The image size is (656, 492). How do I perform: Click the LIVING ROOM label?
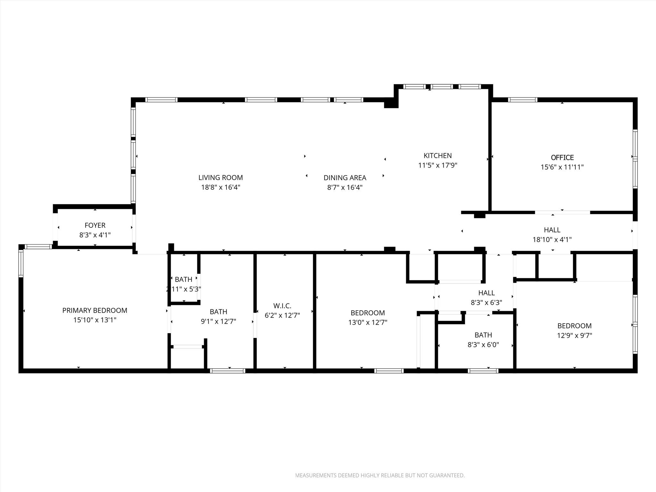[x=220, y=177]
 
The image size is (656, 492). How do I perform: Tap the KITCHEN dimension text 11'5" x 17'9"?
[x=438, y=165]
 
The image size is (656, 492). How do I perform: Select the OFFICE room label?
[x=562, y=157]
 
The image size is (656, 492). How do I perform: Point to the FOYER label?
[x=95, y=225]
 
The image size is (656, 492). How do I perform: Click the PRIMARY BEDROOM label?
[x=94, y=310]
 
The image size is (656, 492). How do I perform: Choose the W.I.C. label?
[x=282, y=306]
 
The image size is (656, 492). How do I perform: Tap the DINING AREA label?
[x=345, y=177]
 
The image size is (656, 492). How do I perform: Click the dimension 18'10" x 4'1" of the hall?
[x=552, y=239]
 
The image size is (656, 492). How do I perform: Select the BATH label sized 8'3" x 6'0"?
[x=483, y=335]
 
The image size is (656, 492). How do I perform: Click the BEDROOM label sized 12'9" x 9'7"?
[x=574, y=326]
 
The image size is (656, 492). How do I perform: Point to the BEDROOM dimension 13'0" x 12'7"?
[x=368, y=322]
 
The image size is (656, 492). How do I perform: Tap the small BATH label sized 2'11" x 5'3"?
[x=184, y=279]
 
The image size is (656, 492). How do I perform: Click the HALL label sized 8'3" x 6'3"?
[x=486, y=292]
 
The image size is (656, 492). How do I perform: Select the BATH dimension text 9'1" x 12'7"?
[x=218, y=321]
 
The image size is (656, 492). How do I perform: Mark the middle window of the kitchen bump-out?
[x=442, y=86]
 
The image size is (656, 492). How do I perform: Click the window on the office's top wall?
[x=522, y=100]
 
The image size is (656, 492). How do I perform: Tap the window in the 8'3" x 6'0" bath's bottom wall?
[x=483, y=371]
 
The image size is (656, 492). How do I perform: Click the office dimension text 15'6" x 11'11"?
[x=562, y=167]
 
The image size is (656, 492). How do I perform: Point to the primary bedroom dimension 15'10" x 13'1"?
[x=94, y=320]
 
